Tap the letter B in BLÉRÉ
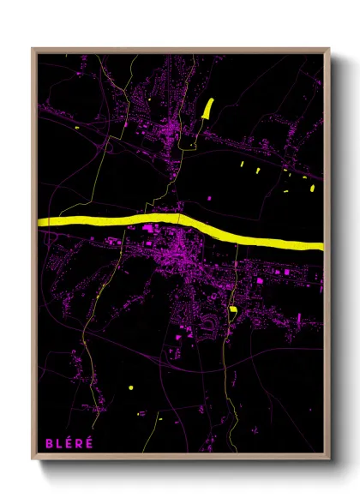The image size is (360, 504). pos(50,443)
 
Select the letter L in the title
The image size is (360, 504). pos(59,443)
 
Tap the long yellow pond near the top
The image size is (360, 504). pos(207,108)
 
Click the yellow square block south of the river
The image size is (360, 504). pos(232,309)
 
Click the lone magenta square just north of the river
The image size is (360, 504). pos(146,229)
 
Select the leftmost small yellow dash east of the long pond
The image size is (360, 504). pos(242,163)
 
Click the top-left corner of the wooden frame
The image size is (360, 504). pos(33,49)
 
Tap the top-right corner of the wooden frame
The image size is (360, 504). pos(329,49)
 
